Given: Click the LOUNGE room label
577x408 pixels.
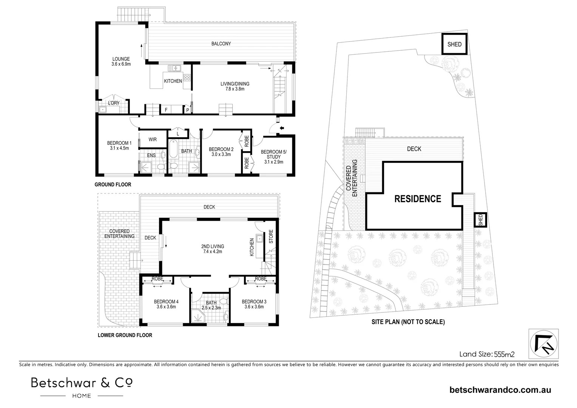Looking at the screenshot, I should tap(121, 62).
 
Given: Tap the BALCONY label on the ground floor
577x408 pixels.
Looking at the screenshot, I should tap(221, 44).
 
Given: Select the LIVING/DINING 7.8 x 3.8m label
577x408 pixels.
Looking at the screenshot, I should tap(235, 87).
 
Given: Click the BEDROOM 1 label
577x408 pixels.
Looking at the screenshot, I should tap(119, 145).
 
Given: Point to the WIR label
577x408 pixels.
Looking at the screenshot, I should tap(153, 139).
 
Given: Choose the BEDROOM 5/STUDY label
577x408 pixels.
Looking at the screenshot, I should tap(274, 157).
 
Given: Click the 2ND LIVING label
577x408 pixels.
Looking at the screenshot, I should tap(211, 249).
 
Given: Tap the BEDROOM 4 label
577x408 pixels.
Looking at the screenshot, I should tap(166, 304).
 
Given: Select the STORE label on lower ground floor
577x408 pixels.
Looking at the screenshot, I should tap(271, 236).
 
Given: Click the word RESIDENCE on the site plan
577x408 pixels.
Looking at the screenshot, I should tap(418, 199).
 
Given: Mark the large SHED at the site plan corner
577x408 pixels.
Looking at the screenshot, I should tap(454, 44).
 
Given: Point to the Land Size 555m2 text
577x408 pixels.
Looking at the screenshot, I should tap(487, 354).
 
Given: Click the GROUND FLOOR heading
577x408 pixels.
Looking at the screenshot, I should tap(113, 185).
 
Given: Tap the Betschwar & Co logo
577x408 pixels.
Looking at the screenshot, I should tap(82, 386).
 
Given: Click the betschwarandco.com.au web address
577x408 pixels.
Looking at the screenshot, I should tap(500, 390).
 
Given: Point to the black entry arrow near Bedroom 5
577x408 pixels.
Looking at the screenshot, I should tap(281, 129).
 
